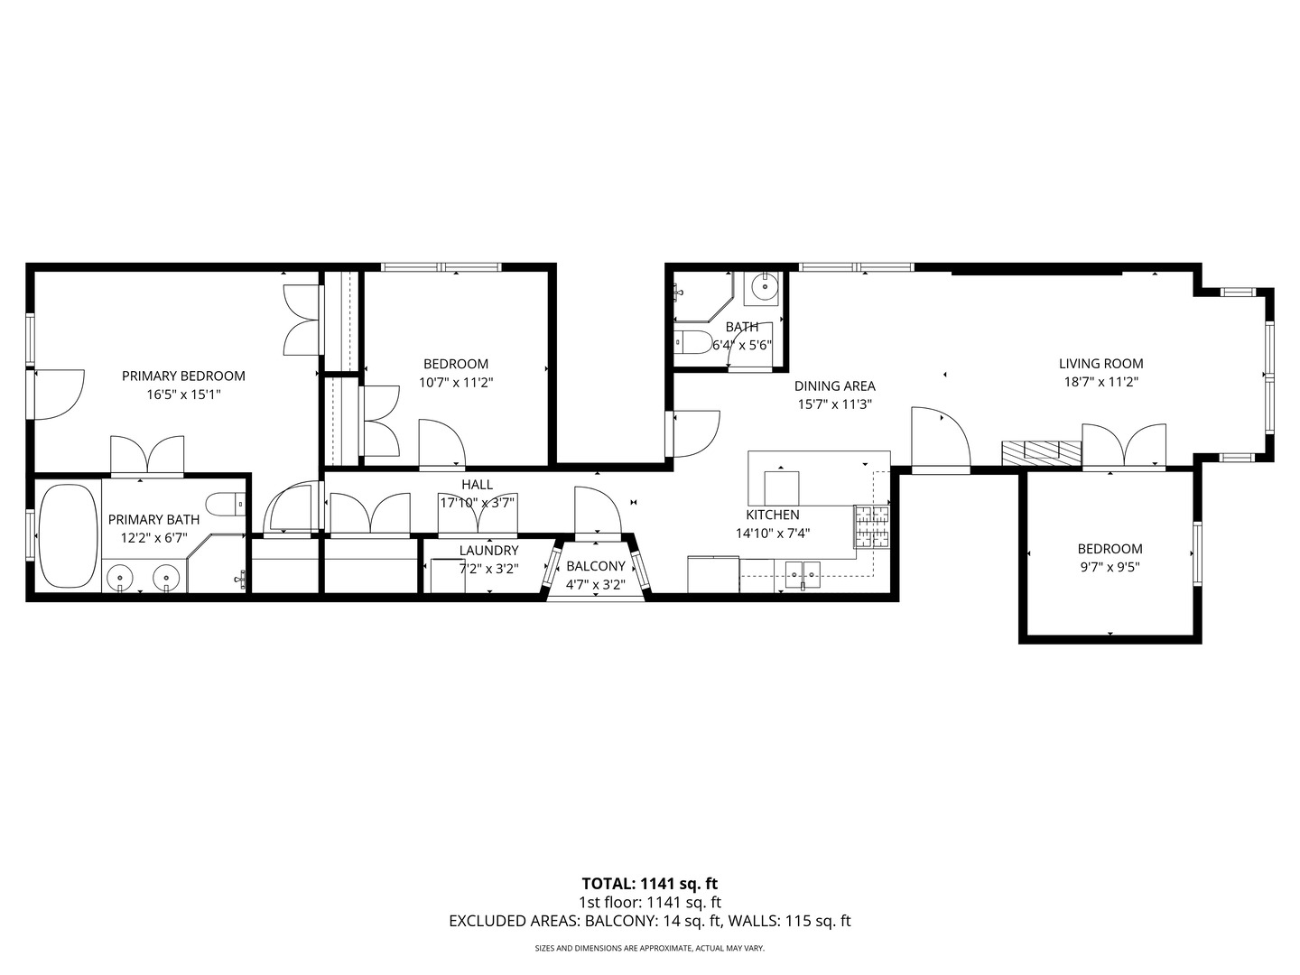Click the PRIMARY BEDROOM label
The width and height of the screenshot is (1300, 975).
pyautogui.click(x=183, y=376)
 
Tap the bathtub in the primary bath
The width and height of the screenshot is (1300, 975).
pyautogui.click(x=68, y=535)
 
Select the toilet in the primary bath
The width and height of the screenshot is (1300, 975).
pyautogui.click(x=225, y=504)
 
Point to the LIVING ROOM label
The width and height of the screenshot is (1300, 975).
pyautogui.click(x=1100, y=364)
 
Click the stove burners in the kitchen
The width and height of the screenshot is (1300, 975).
pyautogui.click(x=871, y=527)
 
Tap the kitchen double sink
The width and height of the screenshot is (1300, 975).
pyautogui.click(x=803, y=571)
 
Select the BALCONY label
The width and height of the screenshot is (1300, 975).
pyautogui.click(x=595, y=566)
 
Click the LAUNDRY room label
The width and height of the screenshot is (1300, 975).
pyautogui.click(x=488, y=551)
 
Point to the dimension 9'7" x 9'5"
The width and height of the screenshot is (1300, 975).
pyautogui.click(x=1110, y=568)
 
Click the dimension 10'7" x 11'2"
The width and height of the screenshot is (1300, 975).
pyautogui.click(x=456, y=383)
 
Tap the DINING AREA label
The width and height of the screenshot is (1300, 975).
pyautogui.click(x=834, y=386)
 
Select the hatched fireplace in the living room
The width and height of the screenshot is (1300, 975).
pyautogui.click(x=1041, y=451)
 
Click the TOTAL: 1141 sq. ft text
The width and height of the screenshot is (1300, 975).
pyautogui.click(x=649, y=884)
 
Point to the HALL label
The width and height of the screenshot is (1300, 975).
pyautogui.click(x=477, y=485)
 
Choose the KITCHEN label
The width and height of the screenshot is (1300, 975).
pyautogui.click(x=772, y=515)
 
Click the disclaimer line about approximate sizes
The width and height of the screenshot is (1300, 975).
pyautogui.click(x=649, y=949)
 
